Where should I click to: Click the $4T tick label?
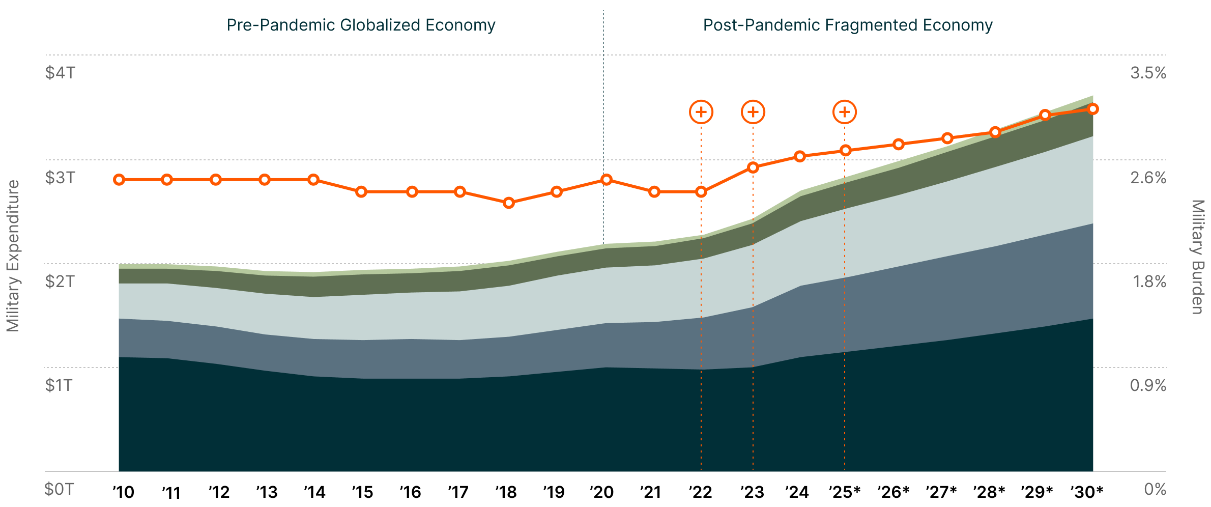pyautogui.click(x=60, y=73)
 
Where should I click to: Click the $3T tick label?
pyautogui.click(x=60, y=178)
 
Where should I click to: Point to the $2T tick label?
pyautogui.click(x=60, y=281)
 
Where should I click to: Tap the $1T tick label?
pyautogui.click(x=59, y=385)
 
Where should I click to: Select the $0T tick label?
pyautogui.click(x=59, y=489)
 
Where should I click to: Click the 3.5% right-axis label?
pyautogui.click(x=1148, y=73)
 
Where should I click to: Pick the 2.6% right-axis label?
pyautogui.click(x=1148, y=178)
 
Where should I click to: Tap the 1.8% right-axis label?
pyautogui.click(x=1149, y=281)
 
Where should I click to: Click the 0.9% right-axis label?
pyautogui.click(x=1148, y=385)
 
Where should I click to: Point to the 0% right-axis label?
pyautogui.click(x=1155, y=489)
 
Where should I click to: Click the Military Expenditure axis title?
pyautogui.click(x=13, y=256)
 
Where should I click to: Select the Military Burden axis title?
pyautogui.click(x=1198, y=257)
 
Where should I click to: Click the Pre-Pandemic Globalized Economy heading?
pyautogui.click(x=361, y=25)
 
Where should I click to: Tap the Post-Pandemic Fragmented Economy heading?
pyautogui.click(x=848, y=25)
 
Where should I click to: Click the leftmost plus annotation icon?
pyautogui.click(x=701, y=112)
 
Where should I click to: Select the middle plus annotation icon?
pyautogui.click(x=753, y=112)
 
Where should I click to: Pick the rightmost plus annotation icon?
pyautogui.click(x=845, y=112)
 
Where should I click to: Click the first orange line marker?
pyautogui.click(x=119, y=180)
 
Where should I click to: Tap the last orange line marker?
pyautogui.click(x=1093, y=109)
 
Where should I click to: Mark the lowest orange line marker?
pyautogui.click(x=509, y=203)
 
